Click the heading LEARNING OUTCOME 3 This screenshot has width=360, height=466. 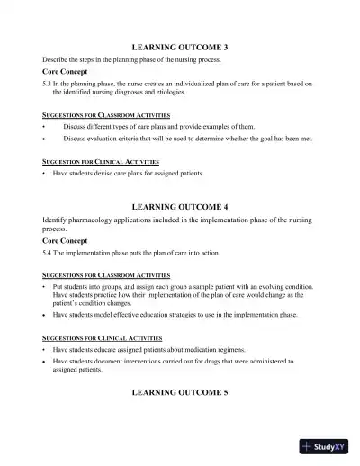[180, 44]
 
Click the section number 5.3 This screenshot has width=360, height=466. [48, 83]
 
